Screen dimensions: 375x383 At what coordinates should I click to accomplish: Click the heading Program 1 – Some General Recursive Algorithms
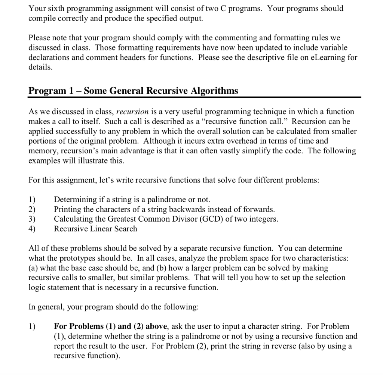click(133, 91)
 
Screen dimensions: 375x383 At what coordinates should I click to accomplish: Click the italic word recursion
click(133, 112)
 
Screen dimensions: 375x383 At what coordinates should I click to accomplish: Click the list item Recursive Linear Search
click(95, 229)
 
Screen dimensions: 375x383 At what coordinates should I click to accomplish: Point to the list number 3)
click(33, 219)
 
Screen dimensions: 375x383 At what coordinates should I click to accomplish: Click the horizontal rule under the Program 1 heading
click(194, 97)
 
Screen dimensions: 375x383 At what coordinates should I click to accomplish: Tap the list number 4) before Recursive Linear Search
click(33, 229)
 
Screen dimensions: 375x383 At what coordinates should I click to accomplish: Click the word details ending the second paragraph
click(40, 68)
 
